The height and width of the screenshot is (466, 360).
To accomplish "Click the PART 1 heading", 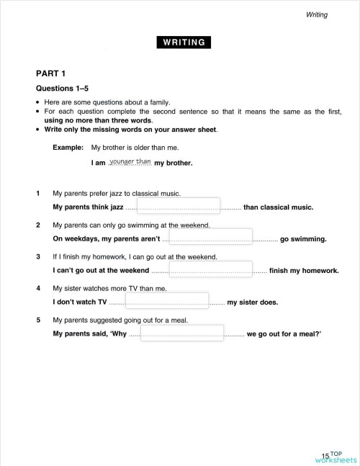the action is tap(50, 73).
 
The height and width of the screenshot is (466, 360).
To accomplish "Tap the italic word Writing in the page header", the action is tap(317, 14).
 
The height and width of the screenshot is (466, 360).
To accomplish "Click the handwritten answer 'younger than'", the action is tap(130, 161).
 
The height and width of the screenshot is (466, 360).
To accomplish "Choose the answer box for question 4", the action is tap(167, 300).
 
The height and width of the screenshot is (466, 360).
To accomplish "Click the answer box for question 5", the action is tap(183, 332).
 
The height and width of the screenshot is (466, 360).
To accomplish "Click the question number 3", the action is tap(37, 256).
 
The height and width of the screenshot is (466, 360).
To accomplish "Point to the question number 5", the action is tap(37, 320).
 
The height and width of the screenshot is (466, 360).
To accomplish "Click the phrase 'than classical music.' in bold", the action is tap(278, 207).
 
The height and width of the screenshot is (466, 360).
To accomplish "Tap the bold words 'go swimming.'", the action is tap(303, 239).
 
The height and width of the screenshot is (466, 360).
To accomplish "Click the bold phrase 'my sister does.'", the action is tap(252, 303).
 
